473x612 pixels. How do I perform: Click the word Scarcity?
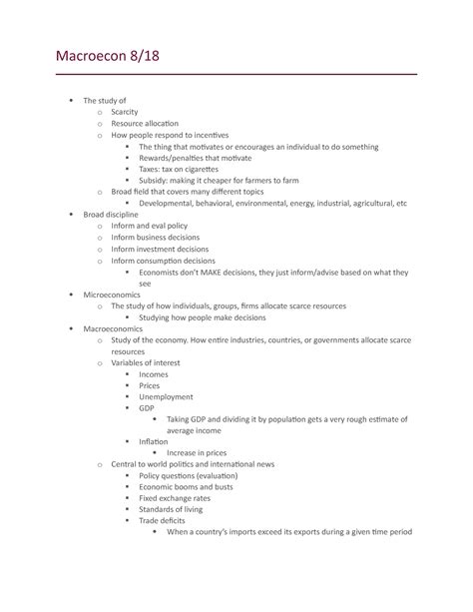click(x=132, y=112)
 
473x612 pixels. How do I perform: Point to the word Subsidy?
click(x=155, y=180)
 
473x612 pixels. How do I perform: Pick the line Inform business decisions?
click(x=155, y=237)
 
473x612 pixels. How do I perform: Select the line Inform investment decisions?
click(x=160, y=249)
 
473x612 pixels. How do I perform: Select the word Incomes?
click(x=154, y=374)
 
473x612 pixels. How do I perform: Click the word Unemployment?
click(x=166, y=396)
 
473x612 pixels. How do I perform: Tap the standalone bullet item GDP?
click(x=147, y=408)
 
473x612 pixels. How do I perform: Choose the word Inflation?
click(x=154, y=441)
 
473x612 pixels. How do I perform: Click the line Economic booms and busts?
click(x=186, y=486)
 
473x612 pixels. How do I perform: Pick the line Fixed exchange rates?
click(x=174, y=497)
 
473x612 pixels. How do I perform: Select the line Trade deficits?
click(x=163, y=520)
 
